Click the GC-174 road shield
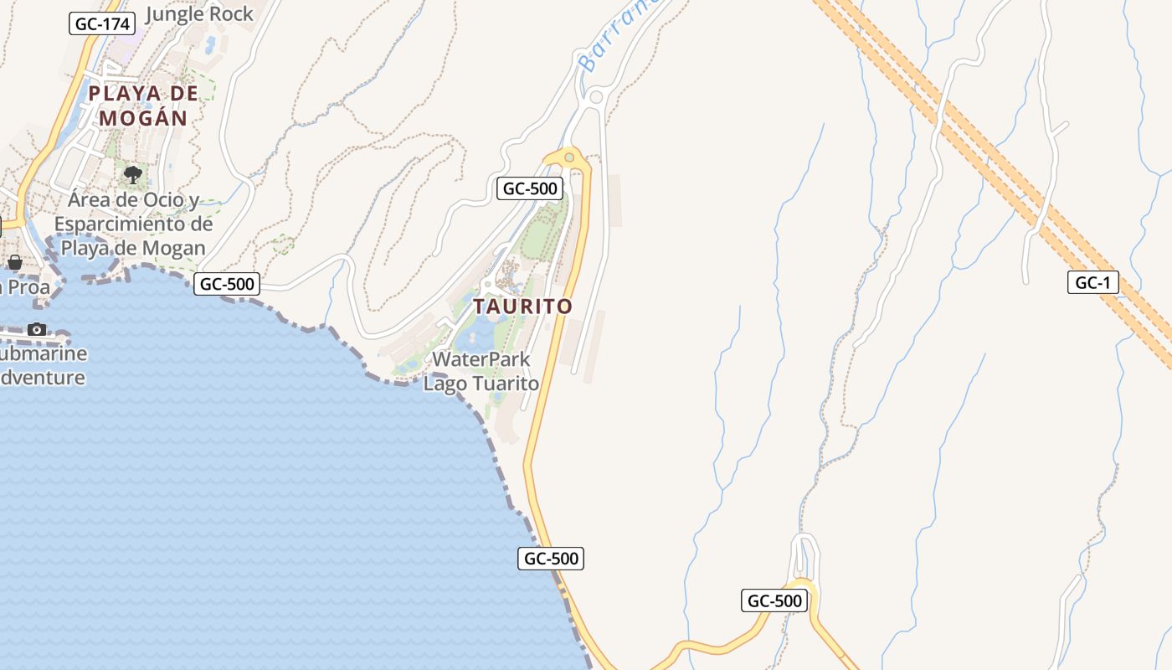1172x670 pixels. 102,23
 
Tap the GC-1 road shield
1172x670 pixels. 1092,282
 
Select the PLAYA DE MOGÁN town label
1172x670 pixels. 143,106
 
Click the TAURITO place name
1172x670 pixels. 522,307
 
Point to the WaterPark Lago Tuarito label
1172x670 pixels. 481,371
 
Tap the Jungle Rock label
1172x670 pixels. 199,13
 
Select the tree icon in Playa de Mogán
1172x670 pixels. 132,174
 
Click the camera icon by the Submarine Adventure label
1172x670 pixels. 37,329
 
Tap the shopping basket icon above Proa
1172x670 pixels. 15,262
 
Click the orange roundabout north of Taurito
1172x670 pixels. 569,157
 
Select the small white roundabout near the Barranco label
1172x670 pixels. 596,97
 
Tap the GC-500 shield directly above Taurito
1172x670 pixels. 529,188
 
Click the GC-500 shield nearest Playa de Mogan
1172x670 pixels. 227,284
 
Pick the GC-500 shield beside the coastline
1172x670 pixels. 551,558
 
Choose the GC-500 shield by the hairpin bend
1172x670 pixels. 774,600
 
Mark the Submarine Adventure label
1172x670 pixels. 42,366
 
